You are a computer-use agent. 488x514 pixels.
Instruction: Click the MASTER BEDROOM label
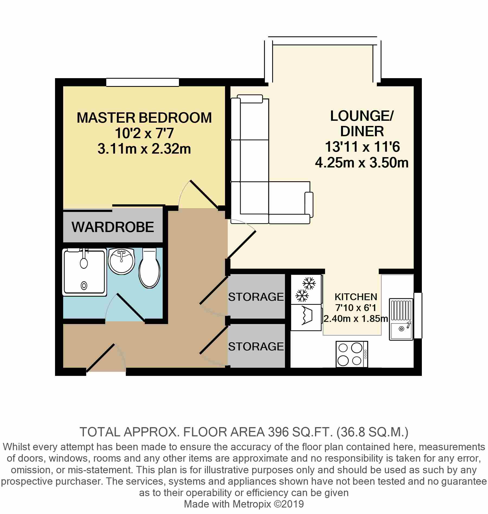[x=144, y=118]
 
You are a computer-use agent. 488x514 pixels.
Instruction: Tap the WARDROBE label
[x=113, y=227]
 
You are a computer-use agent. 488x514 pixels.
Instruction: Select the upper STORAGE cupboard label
[x=256, y=297]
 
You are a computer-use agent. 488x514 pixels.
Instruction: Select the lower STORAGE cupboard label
[x=256, y=347]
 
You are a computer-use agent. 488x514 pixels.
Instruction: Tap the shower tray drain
[x=84, y=285]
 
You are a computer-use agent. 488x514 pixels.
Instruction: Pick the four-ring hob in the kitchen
[x=352, y=354]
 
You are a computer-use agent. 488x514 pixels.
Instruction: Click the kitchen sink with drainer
[x=401, y=319]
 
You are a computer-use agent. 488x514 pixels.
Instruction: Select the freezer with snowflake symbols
[x=306, y=289]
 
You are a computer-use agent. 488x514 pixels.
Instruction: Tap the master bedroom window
[x=143, y=82]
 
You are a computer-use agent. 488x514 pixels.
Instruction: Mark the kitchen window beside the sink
[x=418, y=315]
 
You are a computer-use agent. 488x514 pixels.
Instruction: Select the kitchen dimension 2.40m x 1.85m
[x=356, y=318]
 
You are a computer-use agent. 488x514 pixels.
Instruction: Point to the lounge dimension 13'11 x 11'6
[x=362, y=147]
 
